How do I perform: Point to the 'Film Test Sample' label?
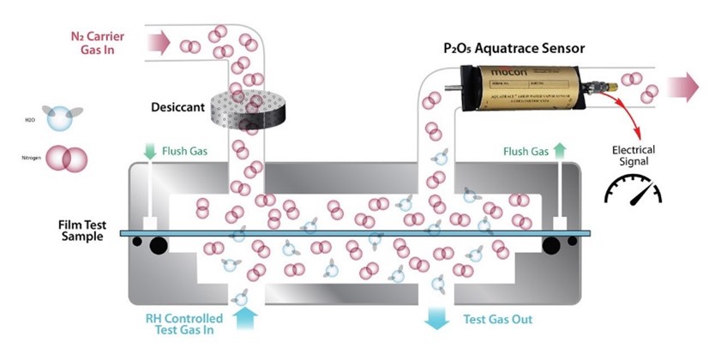point(75,230)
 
